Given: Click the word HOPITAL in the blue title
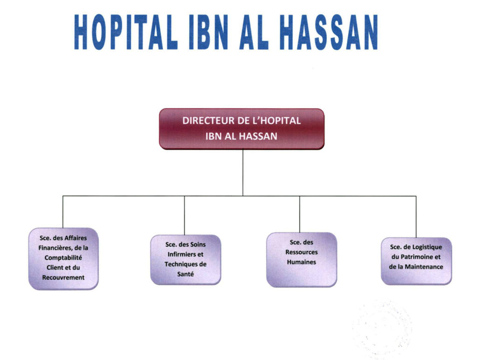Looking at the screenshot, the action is (x=126, y=32).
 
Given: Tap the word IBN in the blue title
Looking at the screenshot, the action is (x=209, y=32).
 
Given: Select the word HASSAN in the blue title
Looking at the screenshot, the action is (x=329, y=32).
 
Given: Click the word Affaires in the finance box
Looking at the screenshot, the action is (x=75, y=238).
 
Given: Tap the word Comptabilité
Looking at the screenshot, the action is (x=63, y=258).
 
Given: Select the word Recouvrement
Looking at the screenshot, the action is (x=63, y=278).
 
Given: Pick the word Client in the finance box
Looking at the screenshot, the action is (x=55, y=268).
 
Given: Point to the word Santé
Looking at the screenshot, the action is (x=185, y=274).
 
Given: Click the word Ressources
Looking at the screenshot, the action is (x=302, y=253).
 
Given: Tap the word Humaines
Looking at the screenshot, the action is (x=302, y=262).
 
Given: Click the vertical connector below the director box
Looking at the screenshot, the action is (x=243, y=173).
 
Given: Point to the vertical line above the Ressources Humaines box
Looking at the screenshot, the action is (x=300, y=214).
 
